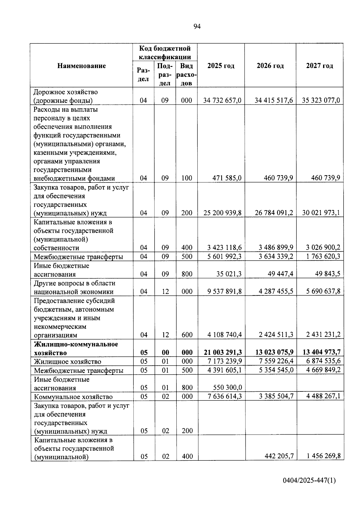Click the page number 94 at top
pyautogui.click(x=197, y=27)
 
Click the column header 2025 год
pyautogui.click(x=221, y=66)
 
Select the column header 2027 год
pyautogui.click(x=319, y=66)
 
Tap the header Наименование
pyautogui.click(x=82, y=66)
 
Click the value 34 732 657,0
pyautogui.click(x=222, y=100)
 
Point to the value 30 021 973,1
pyautogui.click(x=321, y=213)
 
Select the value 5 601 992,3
pyautogui.click(x=224, y=257)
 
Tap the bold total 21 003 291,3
pyautogui.click(x=223, y=352)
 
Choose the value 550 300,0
pyautogui.click(x=227, y=388)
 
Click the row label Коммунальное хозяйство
pyautogui.click(x=73, y=397)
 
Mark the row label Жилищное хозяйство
pyautogui.click(x=67, y=362)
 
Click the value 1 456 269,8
pyautogui.click(x=324, y=456)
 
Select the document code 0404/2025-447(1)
pyautogui.click(x=309, y=481)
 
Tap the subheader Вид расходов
pyautogui.click(x=187, y=74)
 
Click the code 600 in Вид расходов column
pyautogui.click(x=187, y=335)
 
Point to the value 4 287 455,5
pyautogui.click(x=274, y=292)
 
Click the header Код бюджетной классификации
pyautogui.click(x=165, y=52)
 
